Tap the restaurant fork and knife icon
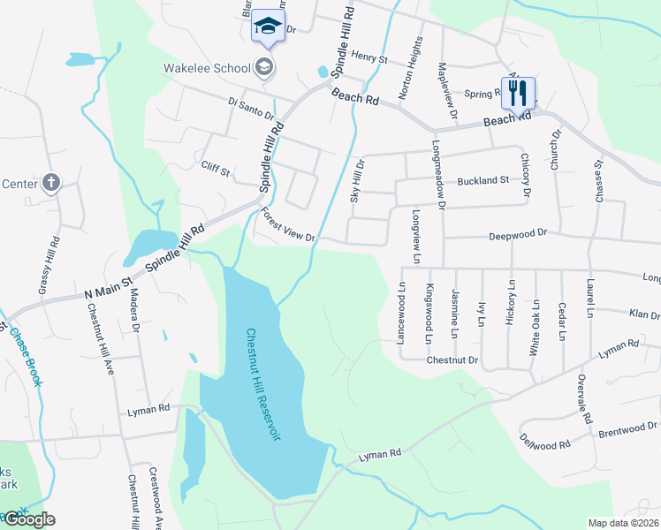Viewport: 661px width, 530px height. coord(517,92)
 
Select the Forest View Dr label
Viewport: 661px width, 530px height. coord(289,226)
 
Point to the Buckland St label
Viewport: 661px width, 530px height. coord(482,180)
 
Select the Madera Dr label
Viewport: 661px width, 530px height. coord(135,310)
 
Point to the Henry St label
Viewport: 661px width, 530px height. coord(369,58)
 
